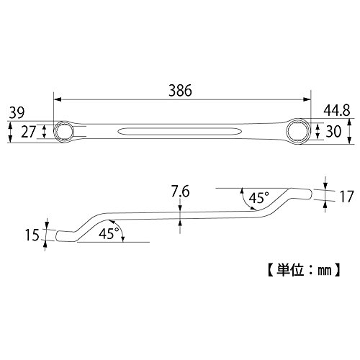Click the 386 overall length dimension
point(180,91)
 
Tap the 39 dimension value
point(17,113)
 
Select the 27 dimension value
point(28,132)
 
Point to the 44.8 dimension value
point(337,111)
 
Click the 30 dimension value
point(333,131)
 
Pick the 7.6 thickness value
point(180,192)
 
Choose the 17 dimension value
point(347,197)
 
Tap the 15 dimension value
point(32,235)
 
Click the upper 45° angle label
point(258,198)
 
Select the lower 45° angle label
point(109,233)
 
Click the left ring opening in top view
point(63,132)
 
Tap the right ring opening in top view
point(299,131)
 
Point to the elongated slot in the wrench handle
point(180,131)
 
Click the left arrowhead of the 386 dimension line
point(57,99)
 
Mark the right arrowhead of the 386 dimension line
point(307,99)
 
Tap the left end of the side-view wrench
point(56,235)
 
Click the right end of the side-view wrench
point(311,194)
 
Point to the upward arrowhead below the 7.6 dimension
point(180,223)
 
